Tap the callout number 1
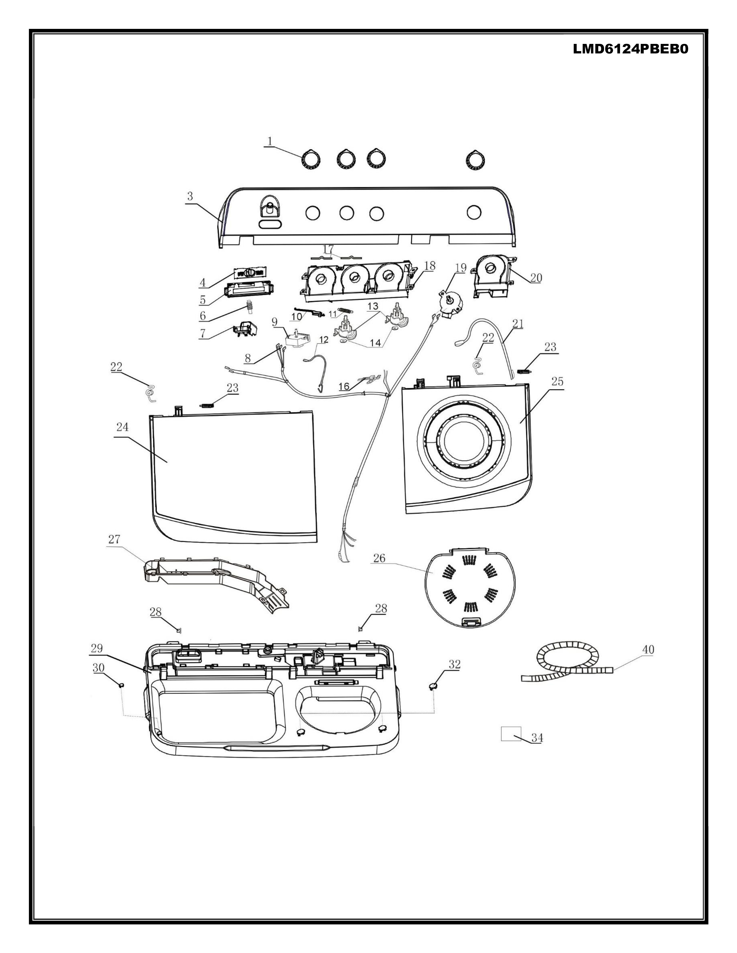(270, 142)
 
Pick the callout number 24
(122, 427)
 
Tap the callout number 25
(557, 381)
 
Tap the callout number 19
(461, 267)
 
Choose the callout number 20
(536, 278)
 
